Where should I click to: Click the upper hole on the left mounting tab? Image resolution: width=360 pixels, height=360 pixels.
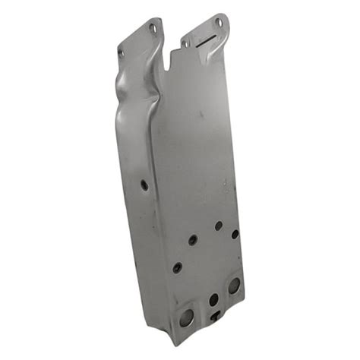[152, 28]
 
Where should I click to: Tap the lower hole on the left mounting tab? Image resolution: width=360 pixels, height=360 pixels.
[122, 52]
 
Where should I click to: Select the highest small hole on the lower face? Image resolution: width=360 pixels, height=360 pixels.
[218, 226]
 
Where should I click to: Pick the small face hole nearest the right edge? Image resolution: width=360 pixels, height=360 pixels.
[235, 234]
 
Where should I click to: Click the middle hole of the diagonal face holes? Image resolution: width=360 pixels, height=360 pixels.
[193, 239]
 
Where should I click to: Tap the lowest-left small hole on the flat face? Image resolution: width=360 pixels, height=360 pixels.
[177, 267]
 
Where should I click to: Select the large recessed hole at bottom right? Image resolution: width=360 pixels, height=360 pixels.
[233, 286]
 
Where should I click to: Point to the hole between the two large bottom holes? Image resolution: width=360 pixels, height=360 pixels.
[213, 300]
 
